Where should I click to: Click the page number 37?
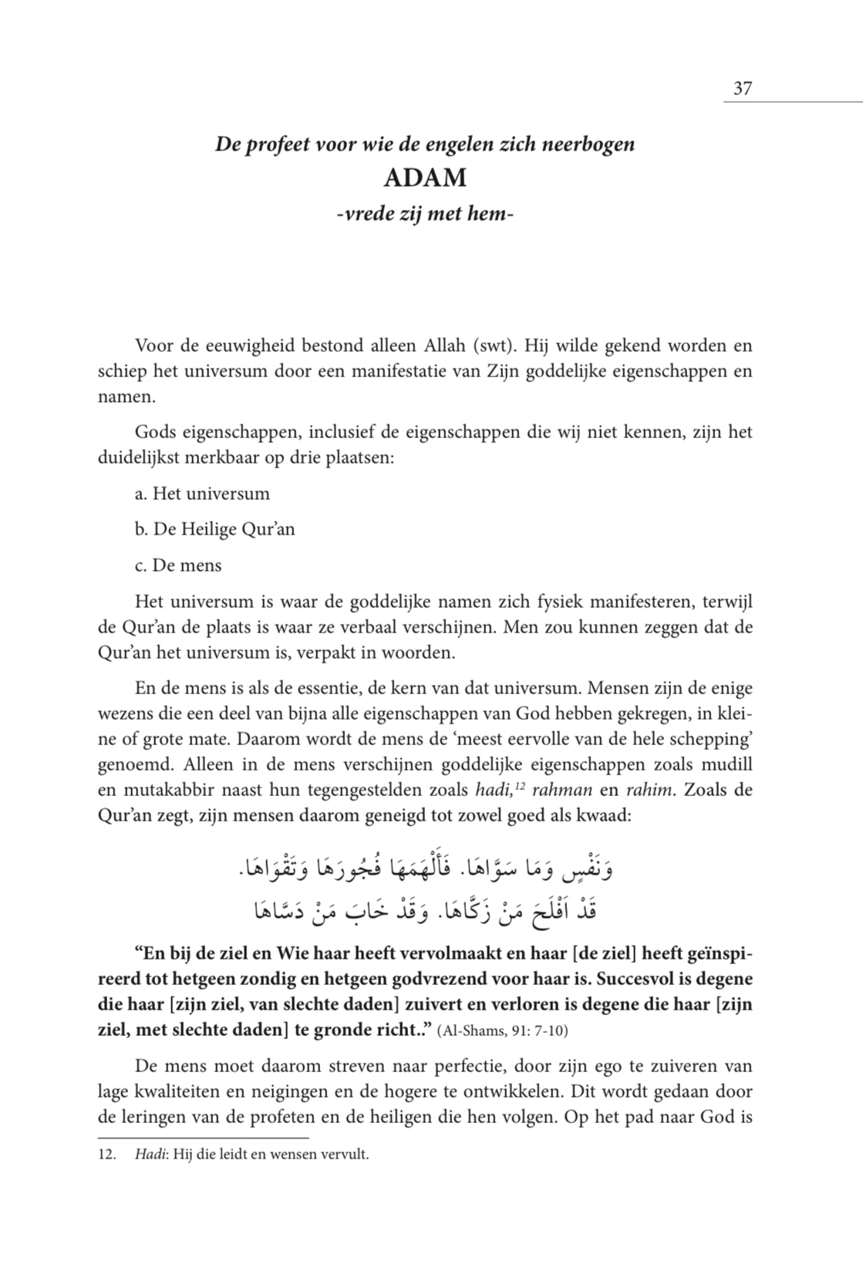coord(742,89)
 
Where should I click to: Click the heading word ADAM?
coord(425,178)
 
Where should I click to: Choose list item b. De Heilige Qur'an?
coord(214,530)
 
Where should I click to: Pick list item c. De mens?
coord(178,565)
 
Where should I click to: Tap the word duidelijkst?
coord(142,457)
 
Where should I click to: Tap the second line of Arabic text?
coord(425,912)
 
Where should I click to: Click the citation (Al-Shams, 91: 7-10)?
coord(503,1032)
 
